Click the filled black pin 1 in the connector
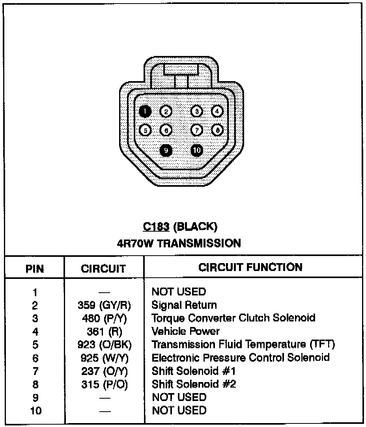(145, 111)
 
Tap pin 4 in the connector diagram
(217, 111)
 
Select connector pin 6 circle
(166, 130)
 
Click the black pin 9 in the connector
(166, 150)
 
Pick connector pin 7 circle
(197, 130)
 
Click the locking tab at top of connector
(181, 70)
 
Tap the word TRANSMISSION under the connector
(199, 243)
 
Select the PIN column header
(35, 269)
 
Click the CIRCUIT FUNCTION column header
(250, 267)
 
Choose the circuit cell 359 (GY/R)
(104, 305)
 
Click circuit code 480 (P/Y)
(104, 318)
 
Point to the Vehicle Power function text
(185, 331)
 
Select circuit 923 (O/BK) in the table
(104, 345)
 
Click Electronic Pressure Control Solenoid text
(241, 358)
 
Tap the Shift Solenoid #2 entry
(194, 384)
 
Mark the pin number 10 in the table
(35, 410)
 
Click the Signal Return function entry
(184, 305)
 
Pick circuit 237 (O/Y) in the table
(104, 371)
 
